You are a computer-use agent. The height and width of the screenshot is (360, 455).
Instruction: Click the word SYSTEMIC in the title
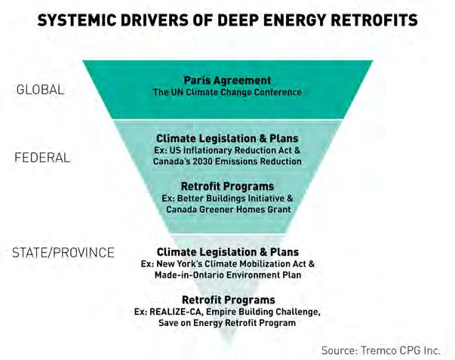[77, 20]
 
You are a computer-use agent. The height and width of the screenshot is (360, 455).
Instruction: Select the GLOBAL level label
[40, 89]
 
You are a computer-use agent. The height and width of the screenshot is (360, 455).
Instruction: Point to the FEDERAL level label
[42, 158]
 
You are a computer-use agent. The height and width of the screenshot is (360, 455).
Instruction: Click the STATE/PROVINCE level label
[63, 253]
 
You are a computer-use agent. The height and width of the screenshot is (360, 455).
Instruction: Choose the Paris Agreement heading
[228, 80]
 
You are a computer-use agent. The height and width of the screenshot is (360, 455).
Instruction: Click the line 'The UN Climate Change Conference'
[228, 92]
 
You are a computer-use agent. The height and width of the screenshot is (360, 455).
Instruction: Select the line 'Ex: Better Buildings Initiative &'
[228, 198]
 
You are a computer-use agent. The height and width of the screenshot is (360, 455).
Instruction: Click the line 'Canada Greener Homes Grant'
[229, 210]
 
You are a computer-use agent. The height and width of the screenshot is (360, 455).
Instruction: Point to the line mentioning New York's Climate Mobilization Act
[228, 264]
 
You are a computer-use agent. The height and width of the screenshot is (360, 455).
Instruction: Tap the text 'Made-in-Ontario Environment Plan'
[228, 275]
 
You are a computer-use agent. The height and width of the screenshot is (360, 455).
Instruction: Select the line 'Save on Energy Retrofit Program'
[227, 323]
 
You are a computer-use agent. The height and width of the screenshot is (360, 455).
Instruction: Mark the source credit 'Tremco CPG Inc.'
[401, 350]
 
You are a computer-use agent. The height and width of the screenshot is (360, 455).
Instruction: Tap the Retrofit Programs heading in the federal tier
[228, 186]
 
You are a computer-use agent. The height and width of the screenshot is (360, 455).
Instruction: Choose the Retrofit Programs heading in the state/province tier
[229, 300]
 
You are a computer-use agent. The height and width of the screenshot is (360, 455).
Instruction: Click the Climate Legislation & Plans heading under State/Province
[228, 252]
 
